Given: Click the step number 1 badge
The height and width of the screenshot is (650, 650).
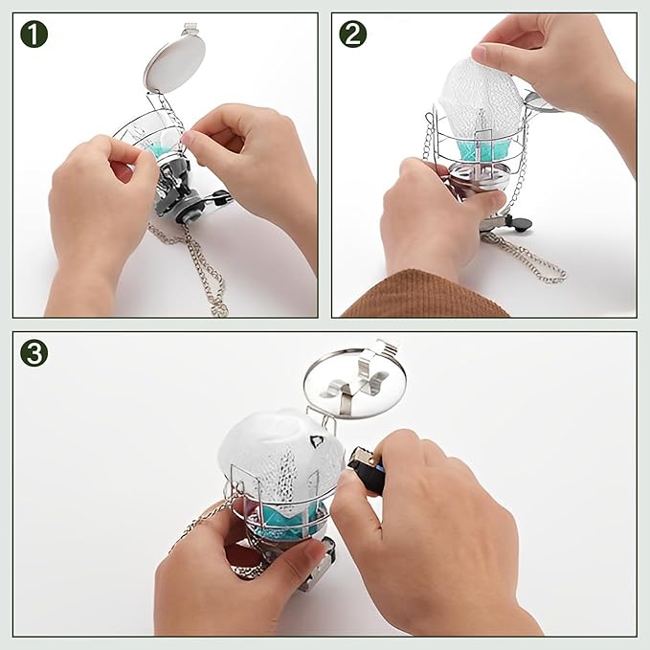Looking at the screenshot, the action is pos(34,34).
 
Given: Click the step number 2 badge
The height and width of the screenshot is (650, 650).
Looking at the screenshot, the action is pos(353,34).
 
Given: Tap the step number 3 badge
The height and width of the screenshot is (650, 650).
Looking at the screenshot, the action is pos(34,353).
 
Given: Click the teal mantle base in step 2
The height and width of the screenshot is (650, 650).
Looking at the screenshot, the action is pos(483,151).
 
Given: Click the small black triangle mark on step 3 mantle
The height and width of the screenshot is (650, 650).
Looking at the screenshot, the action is pos(316,441).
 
